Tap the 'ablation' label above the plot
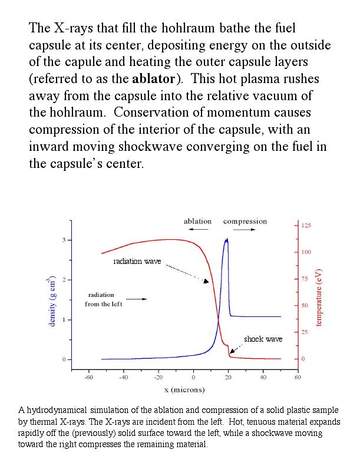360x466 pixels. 197,222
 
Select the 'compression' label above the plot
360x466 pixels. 245,222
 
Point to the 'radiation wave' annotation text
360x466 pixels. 137,261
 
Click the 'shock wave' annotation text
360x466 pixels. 263,339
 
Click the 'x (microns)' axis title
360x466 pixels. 184,389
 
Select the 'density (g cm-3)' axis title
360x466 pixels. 52,300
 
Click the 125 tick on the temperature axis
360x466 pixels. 306,226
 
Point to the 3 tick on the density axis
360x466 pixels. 64,240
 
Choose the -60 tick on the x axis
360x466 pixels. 88,378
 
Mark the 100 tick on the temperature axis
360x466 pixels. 306,252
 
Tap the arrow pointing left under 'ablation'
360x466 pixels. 197,230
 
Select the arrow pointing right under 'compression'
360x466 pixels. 245,230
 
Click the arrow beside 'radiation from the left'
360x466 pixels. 137,299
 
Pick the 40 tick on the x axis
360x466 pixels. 263,378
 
